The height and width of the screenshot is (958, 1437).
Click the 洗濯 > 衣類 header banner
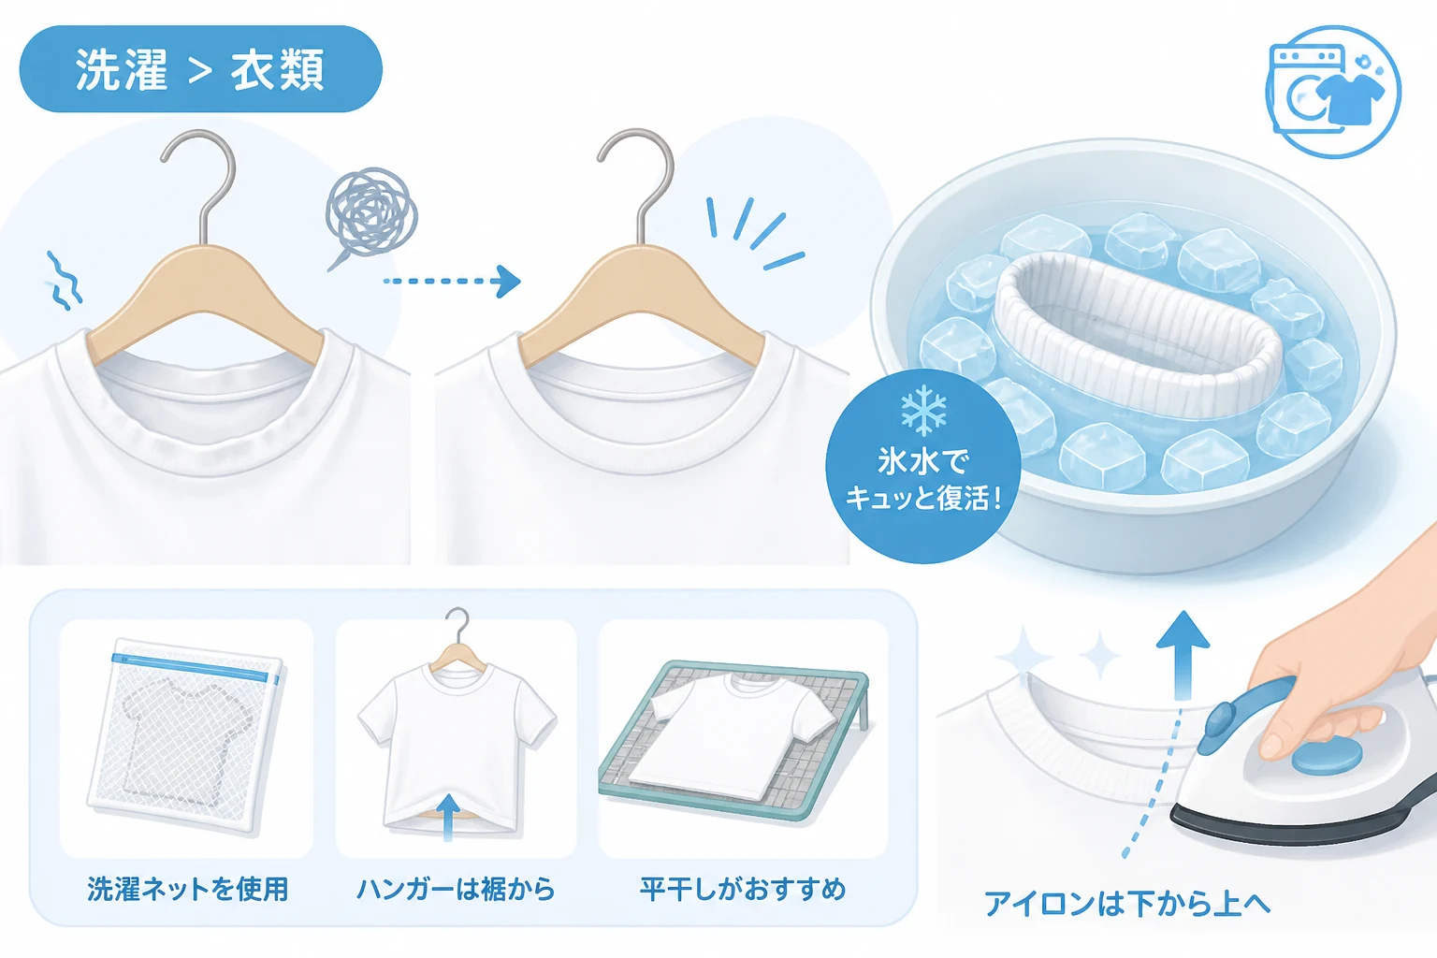point(201,68)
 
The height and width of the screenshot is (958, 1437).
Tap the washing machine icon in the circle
point(1333,92)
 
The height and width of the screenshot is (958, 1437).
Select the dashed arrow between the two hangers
point(452,281)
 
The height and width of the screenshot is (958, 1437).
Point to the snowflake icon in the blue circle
point(923,411)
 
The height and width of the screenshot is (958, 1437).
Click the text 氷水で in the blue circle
point(923,461)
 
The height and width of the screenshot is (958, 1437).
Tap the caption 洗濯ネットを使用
point(187,890)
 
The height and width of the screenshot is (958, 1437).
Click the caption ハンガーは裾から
point(456,890)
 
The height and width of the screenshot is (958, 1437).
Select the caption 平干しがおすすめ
point(743,890)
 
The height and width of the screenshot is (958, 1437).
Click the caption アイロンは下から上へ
point(1127,904)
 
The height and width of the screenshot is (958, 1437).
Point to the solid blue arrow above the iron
point(1183,655)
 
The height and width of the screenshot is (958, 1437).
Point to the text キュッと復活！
point(923,498)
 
